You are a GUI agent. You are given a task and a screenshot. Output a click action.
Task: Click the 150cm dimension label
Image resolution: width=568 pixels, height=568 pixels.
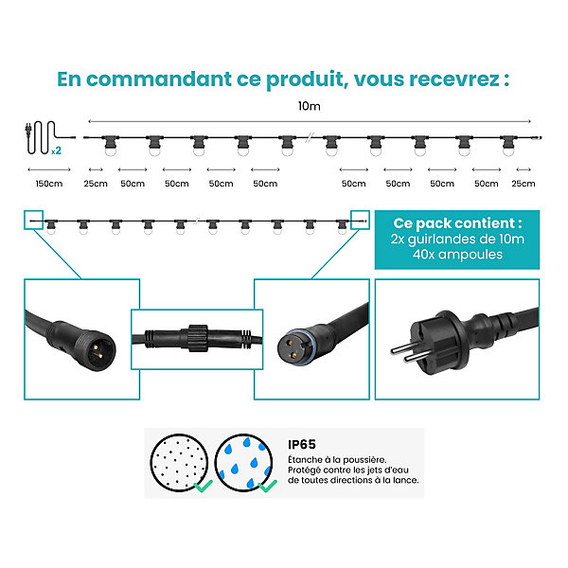49,184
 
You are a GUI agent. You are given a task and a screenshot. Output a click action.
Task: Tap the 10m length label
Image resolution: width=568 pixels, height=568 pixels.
309,106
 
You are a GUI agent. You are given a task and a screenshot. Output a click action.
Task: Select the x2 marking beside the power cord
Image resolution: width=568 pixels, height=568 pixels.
56,151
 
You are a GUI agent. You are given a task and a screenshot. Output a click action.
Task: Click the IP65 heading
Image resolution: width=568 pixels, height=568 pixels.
302,445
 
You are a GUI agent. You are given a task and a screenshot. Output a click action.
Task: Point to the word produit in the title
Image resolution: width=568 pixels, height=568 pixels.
305,80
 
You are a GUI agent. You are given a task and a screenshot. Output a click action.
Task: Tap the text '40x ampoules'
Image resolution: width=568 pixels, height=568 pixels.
457,255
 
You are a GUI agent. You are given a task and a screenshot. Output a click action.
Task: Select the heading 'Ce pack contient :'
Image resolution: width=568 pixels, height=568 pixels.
457,223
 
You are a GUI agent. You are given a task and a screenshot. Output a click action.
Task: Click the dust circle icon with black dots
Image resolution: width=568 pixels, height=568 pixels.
179,463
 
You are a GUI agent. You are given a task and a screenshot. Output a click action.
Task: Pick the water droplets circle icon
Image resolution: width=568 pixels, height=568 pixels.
243,463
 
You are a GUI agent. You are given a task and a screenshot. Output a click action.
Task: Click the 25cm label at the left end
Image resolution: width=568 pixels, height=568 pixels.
96,184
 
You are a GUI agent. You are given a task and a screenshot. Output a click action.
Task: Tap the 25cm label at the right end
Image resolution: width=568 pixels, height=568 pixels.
524,184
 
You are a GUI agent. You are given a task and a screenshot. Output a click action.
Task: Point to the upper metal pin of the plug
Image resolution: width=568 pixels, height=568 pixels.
403,348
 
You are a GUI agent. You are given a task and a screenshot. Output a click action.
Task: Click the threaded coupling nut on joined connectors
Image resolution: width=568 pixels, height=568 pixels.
198,338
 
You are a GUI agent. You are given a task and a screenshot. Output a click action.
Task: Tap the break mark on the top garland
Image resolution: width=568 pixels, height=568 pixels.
309,138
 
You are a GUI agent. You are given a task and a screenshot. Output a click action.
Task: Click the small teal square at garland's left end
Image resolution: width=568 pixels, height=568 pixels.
34,220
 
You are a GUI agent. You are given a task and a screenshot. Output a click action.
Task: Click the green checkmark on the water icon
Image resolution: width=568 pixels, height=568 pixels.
268,486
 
